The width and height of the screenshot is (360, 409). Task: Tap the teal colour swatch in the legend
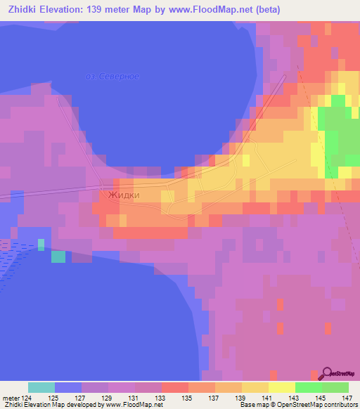coord(41,387)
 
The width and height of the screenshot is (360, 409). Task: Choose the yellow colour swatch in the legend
coord(281,387)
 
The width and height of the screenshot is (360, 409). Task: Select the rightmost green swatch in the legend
coord(335,387)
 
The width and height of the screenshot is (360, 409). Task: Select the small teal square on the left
coord(58,257)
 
